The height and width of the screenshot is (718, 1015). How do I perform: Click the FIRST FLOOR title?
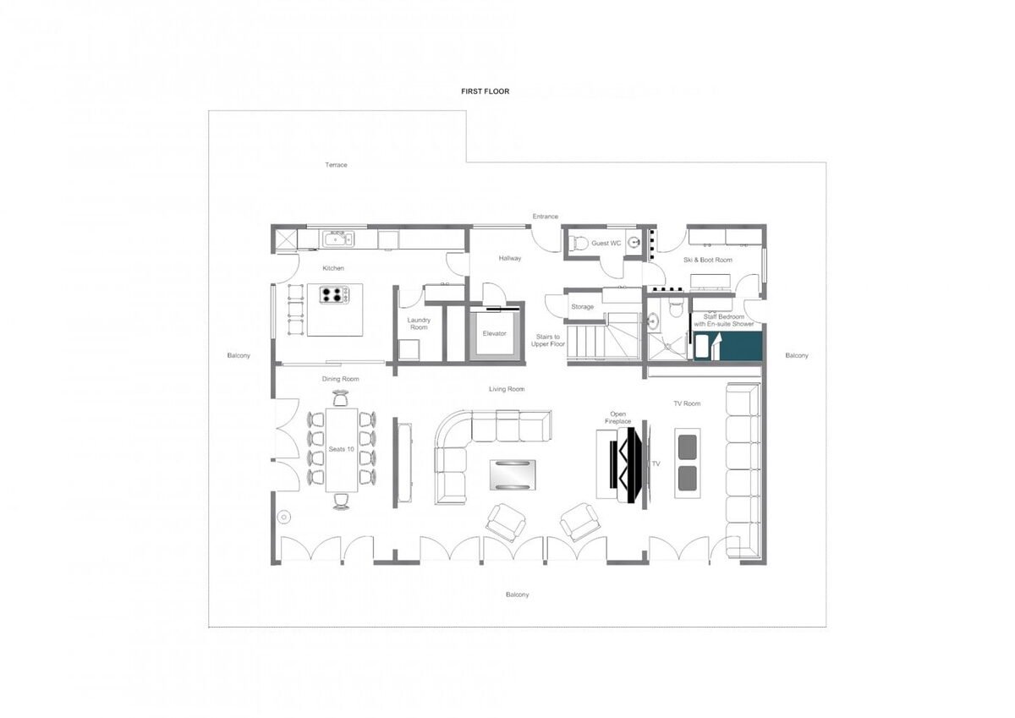(485, 91)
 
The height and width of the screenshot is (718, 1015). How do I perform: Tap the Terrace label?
(336, 165)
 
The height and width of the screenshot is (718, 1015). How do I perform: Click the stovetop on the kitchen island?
(334, 294)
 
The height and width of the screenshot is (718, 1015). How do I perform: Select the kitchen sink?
(338, 238)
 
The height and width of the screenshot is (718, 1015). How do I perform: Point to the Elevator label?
(494, 333)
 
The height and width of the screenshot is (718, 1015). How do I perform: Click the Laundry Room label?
(419, 323)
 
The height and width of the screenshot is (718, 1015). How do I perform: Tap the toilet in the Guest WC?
(579, 243)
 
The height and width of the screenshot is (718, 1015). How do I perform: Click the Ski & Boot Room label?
(708, 260)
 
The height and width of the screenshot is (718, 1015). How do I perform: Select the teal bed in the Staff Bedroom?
(727, 346)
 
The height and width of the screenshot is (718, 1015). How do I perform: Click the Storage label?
(582, 307)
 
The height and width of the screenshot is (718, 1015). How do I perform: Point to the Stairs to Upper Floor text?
(548, 340)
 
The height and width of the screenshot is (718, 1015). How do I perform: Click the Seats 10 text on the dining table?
(341, 449)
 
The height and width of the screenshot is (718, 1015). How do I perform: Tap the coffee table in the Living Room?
(513, 474)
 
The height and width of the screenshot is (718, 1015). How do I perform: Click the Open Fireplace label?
(617, 418)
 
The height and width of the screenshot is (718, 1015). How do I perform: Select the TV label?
(656, 463)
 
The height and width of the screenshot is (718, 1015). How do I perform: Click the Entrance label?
(545, 216)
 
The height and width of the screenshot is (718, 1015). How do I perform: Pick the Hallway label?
(510, 258)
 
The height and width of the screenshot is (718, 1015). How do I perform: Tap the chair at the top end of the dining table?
(340, 398)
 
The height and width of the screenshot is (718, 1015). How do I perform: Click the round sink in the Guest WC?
(634, 243)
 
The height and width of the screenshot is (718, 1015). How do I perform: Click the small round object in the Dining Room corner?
(284, 517)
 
